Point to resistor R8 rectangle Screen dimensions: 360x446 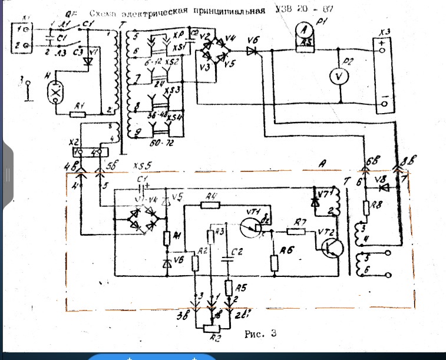365,208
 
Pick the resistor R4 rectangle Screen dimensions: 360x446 210,204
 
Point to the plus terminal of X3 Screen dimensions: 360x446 384,51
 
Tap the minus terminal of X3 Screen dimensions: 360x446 384,104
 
